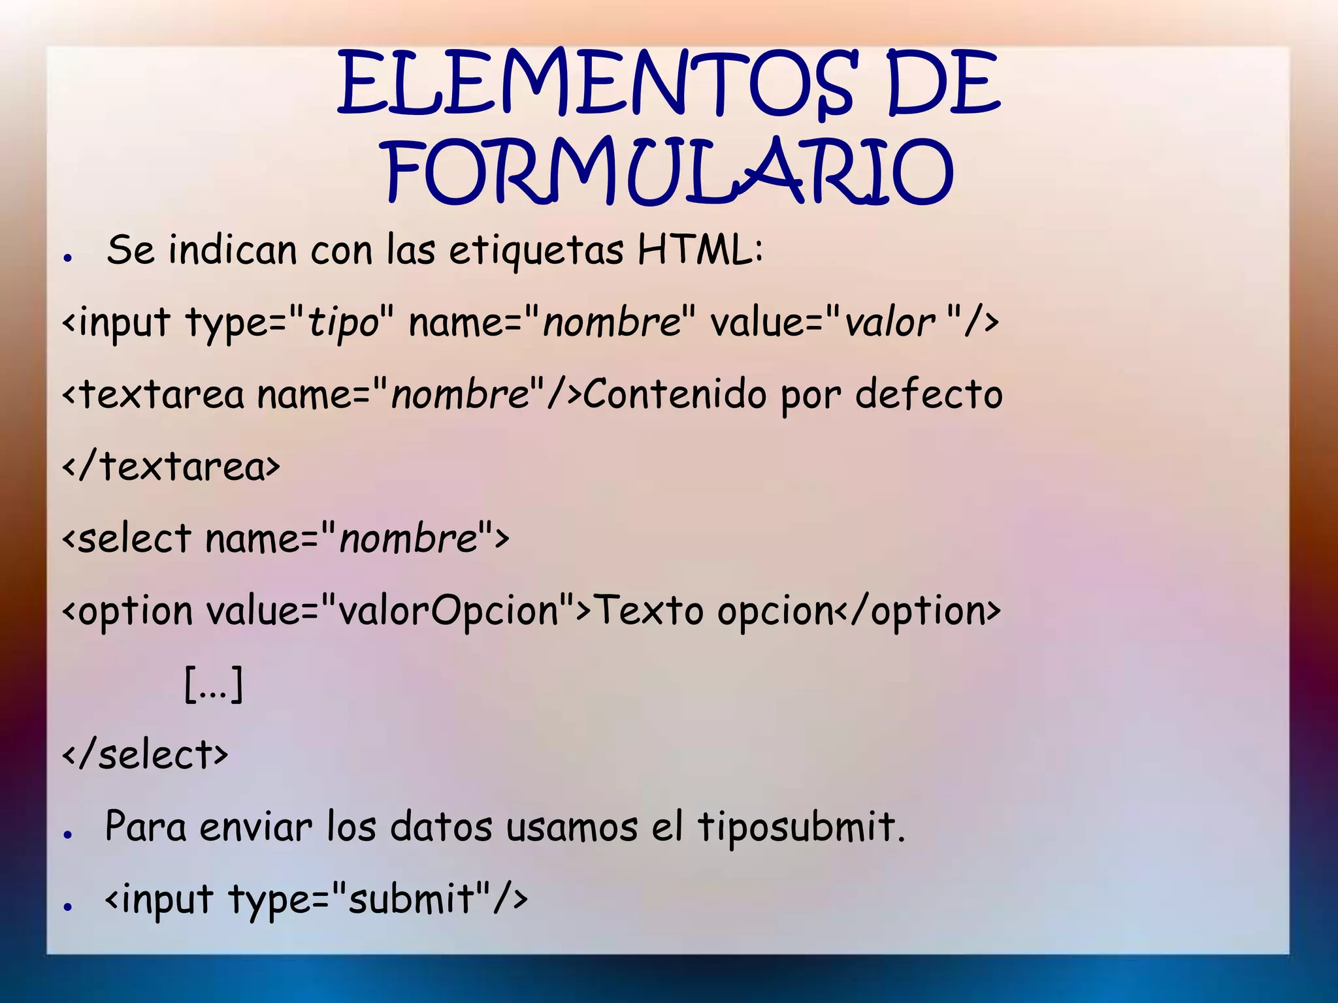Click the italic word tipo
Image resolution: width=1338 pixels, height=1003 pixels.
pos(344,323)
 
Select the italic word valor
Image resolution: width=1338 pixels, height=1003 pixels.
pos(889,323)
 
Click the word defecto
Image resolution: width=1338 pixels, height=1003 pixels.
pos(928,394)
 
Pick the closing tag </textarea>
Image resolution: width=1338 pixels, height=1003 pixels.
pos(171,467)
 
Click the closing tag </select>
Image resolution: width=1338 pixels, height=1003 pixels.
pos(145,755)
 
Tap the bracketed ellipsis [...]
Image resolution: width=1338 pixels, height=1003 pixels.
pos(214,684)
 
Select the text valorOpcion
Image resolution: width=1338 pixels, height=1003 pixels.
pos(448,611)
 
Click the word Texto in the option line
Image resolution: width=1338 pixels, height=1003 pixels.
pos(650,611)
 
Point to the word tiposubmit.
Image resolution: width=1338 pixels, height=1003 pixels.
pos(800,827)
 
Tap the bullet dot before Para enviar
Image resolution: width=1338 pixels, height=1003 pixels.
pos(67,835)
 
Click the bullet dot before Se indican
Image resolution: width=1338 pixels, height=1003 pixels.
pos(67,258)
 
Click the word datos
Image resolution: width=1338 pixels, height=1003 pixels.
pos(441,827)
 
